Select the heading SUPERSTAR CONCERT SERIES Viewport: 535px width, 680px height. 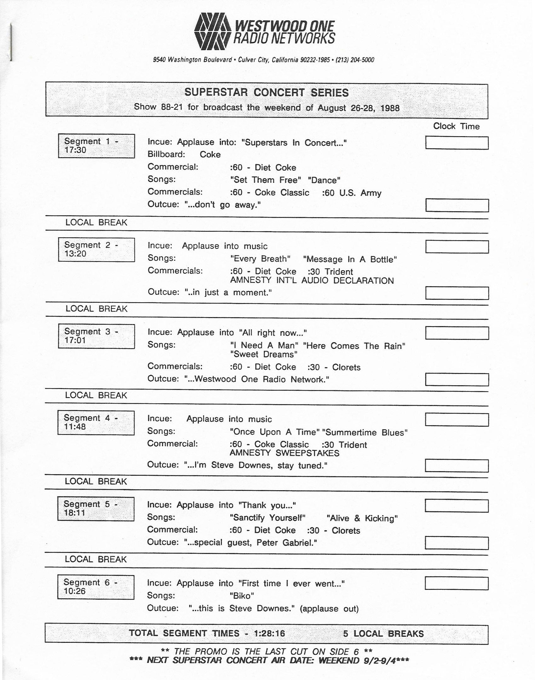(266, 92)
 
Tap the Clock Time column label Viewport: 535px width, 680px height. (456, 126)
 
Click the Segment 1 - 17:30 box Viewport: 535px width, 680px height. (96, 146)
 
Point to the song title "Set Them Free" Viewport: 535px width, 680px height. (265, 180)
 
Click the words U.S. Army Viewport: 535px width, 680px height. (360, 193)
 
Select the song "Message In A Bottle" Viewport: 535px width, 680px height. (350, 259)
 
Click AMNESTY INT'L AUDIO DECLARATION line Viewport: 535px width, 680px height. (312, 281)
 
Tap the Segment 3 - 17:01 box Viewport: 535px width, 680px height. (96, 336)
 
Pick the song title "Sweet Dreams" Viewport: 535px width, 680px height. (263, 354)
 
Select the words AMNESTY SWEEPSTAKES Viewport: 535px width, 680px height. (284, 453)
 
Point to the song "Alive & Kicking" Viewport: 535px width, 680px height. (362, 518)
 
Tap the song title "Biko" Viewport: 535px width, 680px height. (242, 596)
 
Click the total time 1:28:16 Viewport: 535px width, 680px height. (269, 633)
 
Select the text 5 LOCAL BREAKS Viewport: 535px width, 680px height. (383, 633)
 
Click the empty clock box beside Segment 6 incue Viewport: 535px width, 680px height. (456, 583)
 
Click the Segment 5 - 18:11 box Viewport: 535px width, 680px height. (95, 509)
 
